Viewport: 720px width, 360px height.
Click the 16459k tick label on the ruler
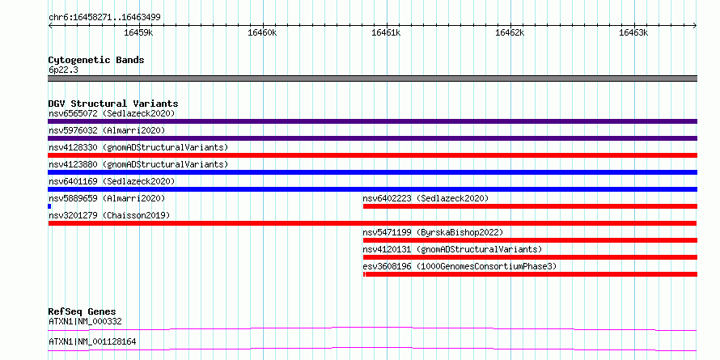point(138,32)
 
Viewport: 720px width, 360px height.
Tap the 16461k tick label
point(386,32)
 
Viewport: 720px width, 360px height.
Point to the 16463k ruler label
point(633,32)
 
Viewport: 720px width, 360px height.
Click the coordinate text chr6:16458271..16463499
point(104,18)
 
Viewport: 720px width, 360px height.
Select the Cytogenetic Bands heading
point(96,60)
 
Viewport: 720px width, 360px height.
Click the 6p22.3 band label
point(62,70)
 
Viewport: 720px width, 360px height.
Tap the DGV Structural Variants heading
point(113,104)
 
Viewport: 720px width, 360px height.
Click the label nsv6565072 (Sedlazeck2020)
point(112,113)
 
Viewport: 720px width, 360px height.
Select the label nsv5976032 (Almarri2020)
point(107,130)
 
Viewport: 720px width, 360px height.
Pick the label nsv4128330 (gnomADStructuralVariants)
point(138,147)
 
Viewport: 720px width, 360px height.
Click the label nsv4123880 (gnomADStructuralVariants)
point(138,164)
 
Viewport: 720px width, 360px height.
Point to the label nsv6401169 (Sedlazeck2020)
point(112,181)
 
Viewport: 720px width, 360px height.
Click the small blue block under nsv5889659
point(49,206)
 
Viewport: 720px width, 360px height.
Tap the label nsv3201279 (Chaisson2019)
point(109,215)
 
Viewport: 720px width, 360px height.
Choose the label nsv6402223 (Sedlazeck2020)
point(426,198)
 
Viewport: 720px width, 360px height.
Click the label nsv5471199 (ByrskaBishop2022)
point(433,232)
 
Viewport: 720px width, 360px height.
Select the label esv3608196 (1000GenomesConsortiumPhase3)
point(460,266)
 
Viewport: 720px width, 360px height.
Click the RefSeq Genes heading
point(82,311)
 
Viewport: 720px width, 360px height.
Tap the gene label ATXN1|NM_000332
point(85,321)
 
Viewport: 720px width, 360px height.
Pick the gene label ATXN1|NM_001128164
point(92,342)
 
